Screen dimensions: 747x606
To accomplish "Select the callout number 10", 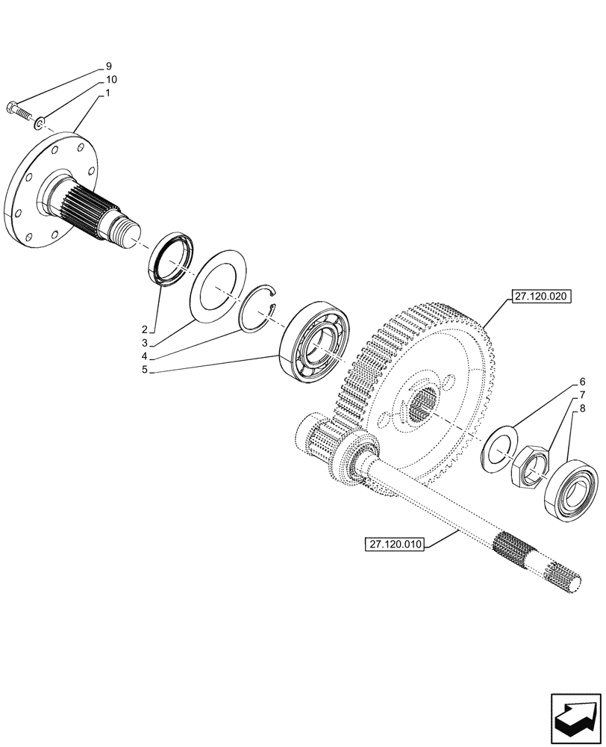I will click(110, 79).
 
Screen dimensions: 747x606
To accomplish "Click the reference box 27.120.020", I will click(540, 297).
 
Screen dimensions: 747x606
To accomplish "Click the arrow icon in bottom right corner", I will click(575, 716).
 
